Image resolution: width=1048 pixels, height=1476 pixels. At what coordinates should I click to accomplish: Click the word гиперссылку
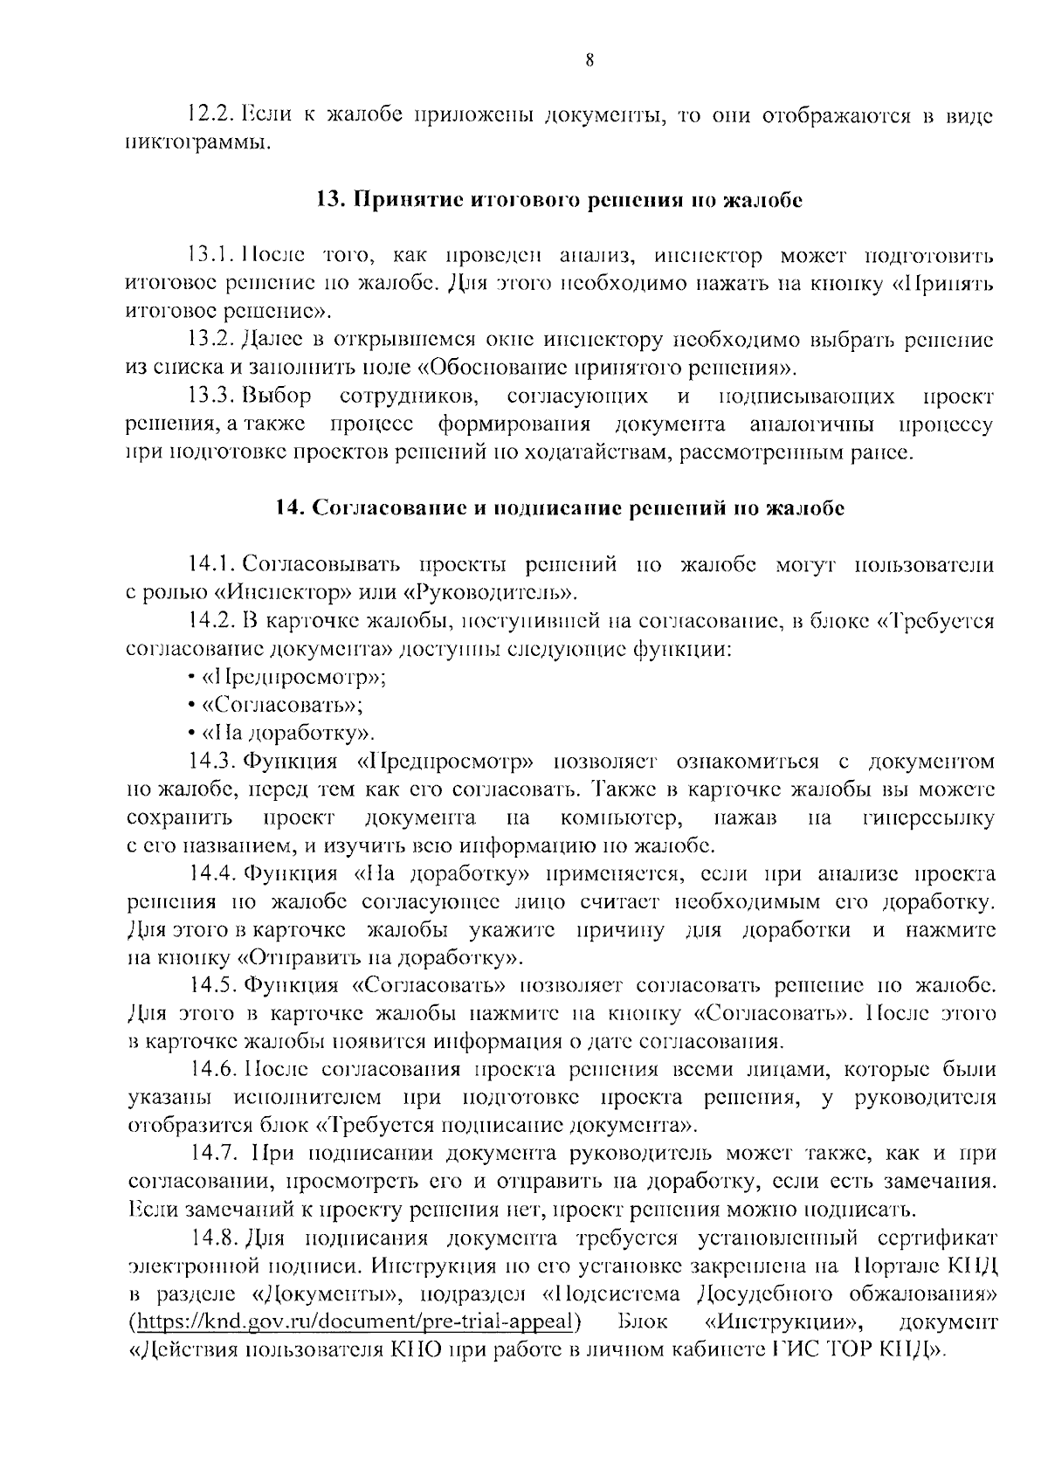927,817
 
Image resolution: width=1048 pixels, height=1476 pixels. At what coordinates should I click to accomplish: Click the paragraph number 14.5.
214,986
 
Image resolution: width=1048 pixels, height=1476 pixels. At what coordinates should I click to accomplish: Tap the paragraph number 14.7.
214,1154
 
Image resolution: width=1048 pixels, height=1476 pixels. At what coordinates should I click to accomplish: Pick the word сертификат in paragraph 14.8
934,1238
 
